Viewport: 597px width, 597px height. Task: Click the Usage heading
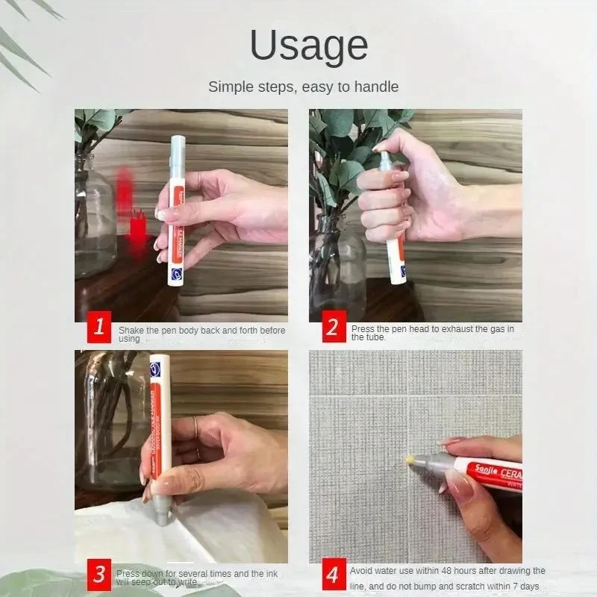[308, 46]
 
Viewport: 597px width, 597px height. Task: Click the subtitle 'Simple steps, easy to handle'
[303, 87]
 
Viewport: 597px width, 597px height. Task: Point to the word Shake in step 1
[132, 329]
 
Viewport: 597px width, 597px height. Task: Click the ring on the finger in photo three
[196, 428]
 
